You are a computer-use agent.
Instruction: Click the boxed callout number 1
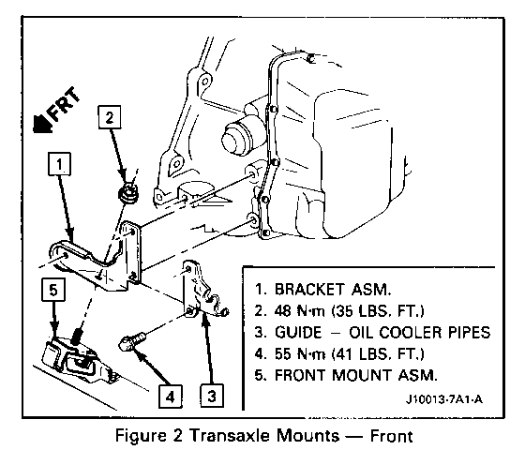[60, 164]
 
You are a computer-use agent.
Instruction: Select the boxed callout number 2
[110, 117]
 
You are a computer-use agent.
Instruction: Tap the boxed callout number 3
[212, 396]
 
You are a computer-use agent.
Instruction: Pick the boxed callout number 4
[171, 397]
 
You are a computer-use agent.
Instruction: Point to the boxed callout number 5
[53, 290]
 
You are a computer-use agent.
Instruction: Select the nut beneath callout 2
[129, 193]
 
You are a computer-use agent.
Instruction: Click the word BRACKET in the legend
[309, 289]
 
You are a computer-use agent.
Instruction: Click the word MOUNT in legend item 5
[362, 375]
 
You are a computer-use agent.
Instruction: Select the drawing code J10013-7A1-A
[444, 399]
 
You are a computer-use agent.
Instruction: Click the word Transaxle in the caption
[230, 436]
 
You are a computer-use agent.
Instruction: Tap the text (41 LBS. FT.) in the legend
[378, 354]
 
